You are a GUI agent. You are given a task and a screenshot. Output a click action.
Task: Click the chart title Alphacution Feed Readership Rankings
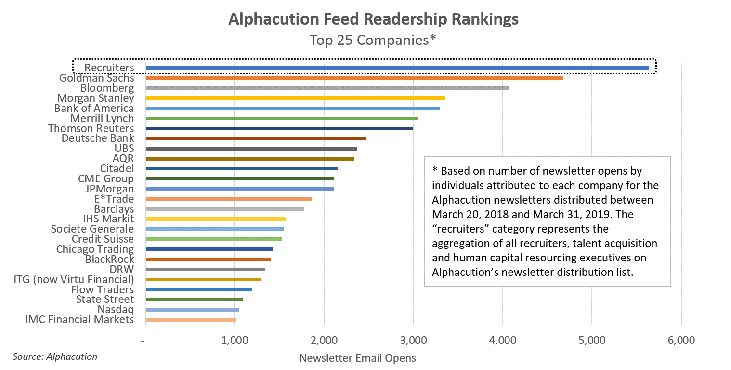[373, 19]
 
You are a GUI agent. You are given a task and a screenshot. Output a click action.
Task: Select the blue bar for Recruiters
[397, 68]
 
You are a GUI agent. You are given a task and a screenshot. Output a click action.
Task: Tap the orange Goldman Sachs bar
[354, 78]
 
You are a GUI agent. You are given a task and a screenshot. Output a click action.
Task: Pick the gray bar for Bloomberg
[327, 88]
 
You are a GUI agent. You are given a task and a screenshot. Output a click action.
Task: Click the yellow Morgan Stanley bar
[295, 98]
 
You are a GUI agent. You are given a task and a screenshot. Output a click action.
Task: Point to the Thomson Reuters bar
[279, 128]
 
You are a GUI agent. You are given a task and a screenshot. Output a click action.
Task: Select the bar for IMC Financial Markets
[190, 320]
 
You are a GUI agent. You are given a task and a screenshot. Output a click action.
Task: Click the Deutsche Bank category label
[98, 138]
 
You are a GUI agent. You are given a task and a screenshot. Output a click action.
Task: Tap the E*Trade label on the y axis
[114, 199]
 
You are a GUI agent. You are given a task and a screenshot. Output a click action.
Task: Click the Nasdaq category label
[116, 310]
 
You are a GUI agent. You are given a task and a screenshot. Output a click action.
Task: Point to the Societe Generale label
[92, 229]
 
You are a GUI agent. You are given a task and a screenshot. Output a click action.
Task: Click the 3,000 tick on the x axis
[413, 341]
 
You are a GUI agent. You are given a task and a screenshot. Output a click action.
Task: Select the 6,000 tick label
[681, 341]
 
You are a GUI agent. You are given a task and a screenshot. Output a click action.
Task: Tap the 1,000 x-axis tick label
[235, 341]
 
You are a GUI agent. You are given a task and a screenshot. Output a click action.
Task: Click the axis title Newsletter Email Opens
[357, 358]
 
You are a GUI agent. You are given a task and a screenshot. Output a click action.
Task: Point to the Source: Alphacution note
[55, 357]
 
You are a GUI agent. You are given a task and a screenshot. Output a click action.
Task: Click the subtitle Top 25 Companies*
[373, 40]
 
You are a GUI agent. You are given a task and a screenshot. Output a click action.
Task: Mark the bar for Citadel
[241, 169]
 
